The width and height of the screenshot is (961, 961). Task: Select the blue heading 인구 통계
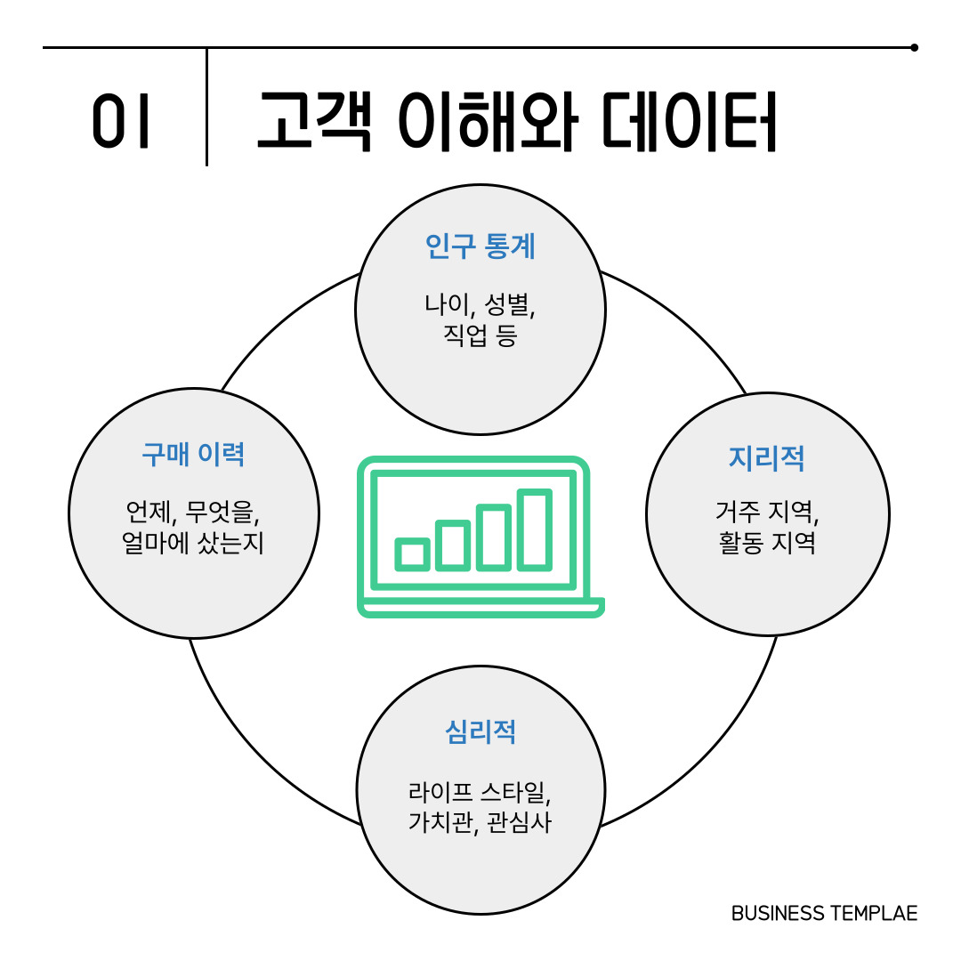480,246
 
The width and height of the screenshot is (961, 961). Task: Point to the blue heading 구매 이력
193,455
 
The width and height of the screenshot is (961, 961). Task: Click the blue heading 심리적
480,731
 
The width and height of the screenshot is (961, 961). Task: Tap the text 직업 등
480,336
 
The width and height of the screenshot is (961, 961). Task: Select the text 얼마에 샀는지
193,543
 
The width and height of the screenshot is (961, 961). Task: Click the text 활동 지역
766,543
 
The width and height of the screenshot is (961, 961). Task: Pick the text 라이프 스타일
480,790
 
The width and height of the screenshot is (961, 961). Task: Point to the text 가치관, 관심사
480,822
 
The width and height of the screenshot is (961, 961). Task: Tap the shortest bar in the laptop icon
413,553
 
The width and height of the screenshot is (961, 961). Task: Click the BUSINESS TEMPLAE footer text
824,914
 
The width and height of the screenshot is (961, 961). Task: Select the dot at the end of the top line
914,47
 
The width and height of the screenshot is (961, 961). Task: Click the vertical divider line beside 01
206,107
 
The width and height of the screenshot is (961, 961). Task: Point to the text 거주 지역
766,512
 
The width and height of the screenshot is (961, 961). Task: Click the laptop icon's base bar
480,609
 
